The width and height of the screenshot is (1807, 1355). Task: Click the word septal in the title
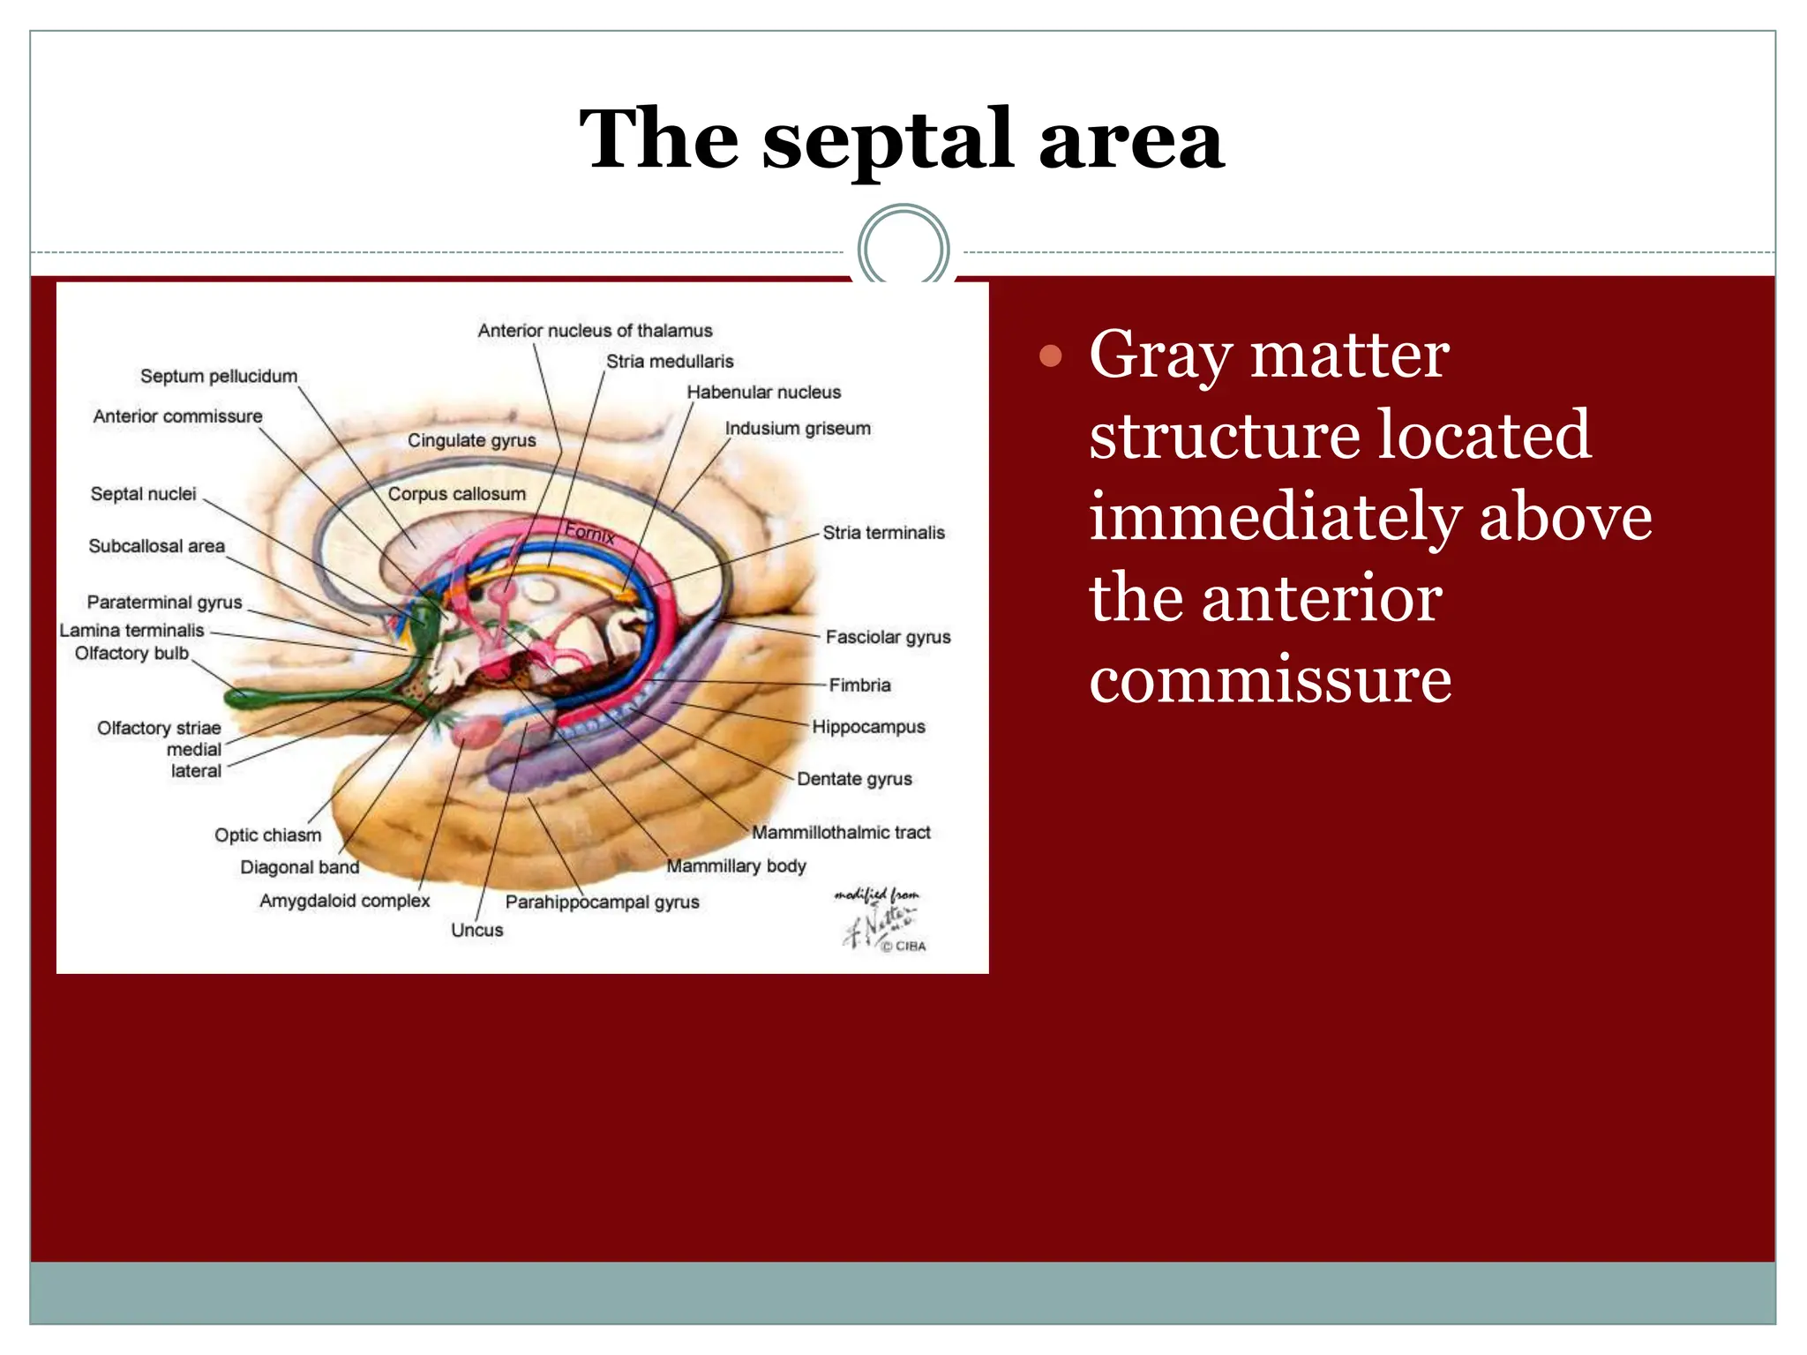[886, 141]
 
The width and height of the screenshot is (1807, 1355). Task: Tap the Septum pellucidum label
[219, 377]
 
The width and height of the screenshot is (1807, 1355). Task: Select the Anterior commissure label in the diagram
[177, 416]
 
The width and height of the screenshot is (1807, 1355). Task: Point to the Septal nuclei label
[143, 494]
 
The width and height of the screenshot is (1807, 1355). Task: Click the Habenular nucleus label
[763, 393]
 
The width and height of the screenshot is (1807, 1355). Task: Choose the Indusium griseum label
[798, 429]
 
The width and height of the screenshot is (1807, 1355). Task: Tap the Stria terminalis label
[883, 533]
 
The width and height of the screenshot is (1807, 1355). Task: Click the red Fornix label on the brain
[589, 533]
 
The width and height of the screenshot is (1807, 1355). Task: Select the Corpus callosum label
[456, 494]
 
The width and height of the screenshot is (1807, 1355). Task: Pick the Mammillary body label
[736, 866]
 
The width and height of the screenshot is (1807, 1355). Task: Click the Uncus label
[476, 930]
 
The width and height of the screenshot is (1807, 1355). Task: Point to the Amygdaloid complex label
[344, 901]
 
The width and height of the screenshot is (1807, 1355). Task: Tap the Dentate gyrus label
[854, 779]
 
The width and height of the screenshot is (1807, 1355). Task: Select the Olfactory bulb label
[131, 654]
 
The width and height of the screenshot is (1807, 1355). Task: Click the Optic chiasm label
[267, 835]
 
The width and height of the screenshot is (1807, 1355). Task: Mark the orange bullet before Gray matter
[1050, 356]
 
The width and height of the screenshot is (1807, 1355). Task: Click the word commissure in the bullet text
[1270, 681]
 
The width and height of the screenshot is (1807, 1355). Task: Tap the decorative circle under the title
[903, 249]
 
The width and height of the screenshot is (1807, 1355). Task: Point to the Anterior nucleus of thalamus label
[595, 331]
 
